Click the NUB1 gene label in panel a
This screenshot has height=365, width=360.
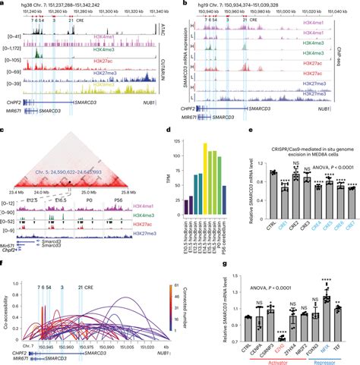[x=157, y=108]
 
